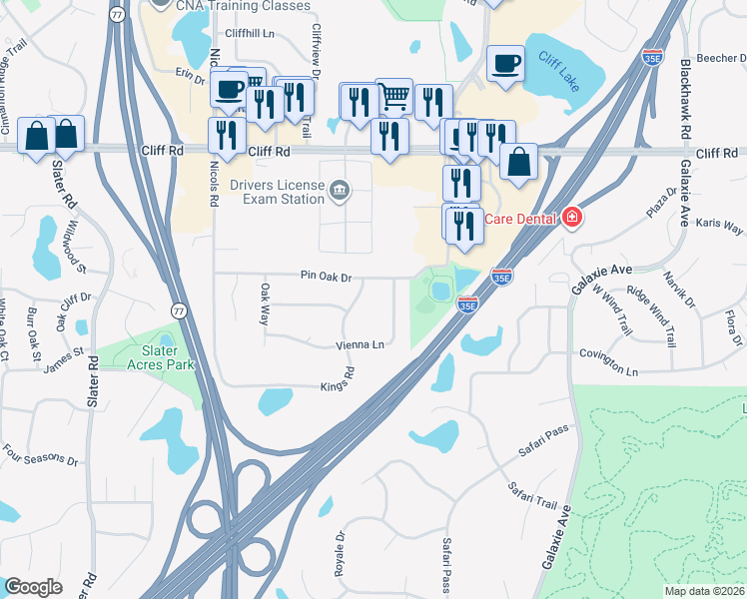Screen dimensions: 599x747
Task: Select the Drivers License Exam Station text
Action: (278, 191)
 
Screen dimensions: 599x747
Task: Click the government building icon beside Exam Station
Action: (340, 190)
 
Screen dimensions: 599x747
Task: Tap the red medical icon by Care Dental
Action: (571, 217)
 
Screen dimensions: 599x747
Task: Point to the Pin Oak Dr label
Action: (325, 277)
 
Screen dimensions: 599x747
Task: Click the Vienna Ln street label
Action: (360, 344)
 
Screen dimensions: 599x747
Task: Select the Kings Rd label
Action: (339, 380)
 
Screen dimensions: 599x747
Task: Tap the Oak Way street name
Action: (265, 303)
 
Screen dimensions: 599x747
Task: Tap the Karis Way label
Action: (719, 225)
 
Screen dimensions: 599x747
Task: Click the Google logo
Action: (33, 587)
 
